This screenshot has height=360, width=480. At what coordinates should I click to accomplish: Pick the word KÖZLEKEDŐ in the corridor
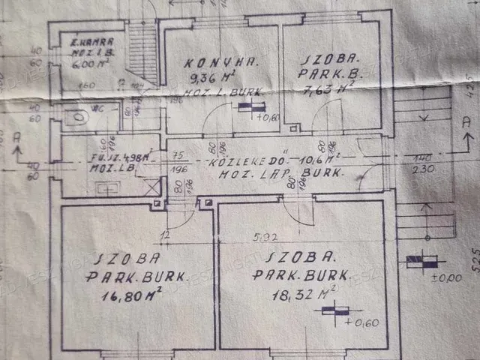click(x=238, y=160)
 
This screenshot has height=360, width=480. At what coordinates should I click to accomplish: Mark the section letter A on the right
click(x=466, y=121)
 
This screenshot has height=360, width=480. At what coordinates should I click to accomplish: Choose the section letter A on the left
click(x=16, y=138)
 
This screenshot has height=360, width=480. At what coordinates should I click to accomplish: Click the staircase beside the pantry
click(x=141, y=52)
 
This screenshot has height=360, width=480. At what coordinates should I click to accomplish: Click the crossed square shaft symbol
click(x=153, y=187)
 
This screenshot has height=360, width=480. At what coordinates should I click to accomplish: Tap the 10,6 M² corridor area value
click(x=318, y=159)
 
